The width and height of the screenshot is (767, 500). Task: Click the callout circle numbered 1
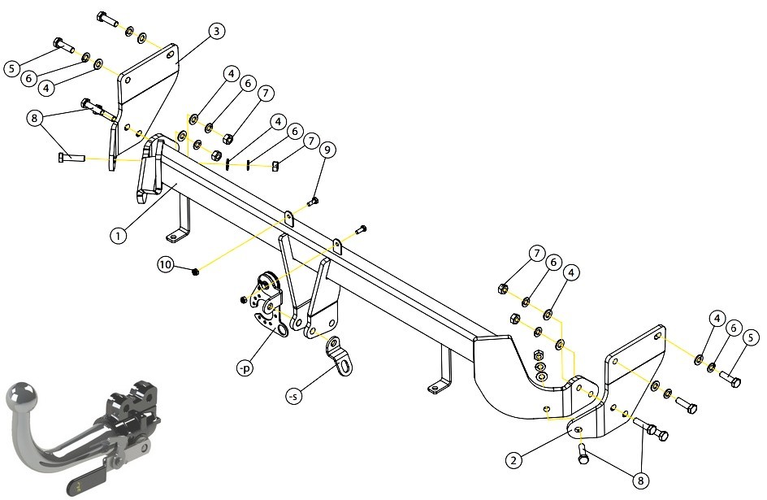coord(118,236)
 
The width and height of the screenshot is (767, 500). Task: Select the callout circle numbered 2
coord(513,460)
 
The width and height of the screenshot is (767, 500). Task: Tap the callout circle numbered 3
coord(217,32)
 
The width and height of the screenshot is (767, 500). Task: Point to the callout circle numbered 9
coord(327,150)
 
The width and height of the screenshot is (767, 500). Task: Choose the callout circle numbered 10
coord(166,265)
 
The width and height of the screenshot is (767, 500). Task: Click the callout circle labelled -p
coord(245,368)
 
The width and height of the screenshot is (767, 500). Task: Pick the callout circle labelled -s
coord(293,396)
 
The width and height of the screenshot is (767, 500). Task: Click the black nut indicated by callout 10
coord(195,272)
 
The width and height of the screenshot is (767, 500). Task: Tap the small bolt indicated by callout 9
coord(313,201)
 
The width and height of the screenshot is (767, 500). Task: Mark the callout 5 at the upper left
coord(12,68)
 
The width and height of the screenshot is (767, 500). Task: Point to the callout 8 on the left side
coord(34,118)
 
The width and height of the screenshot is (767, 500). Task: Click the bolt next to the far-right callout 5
coord(730,379)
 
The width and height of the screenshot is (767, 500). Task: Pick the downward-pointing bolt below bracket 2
coord(583,453)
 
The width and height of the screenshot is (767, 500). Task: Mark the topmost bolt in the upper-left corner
coord(107,19)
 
